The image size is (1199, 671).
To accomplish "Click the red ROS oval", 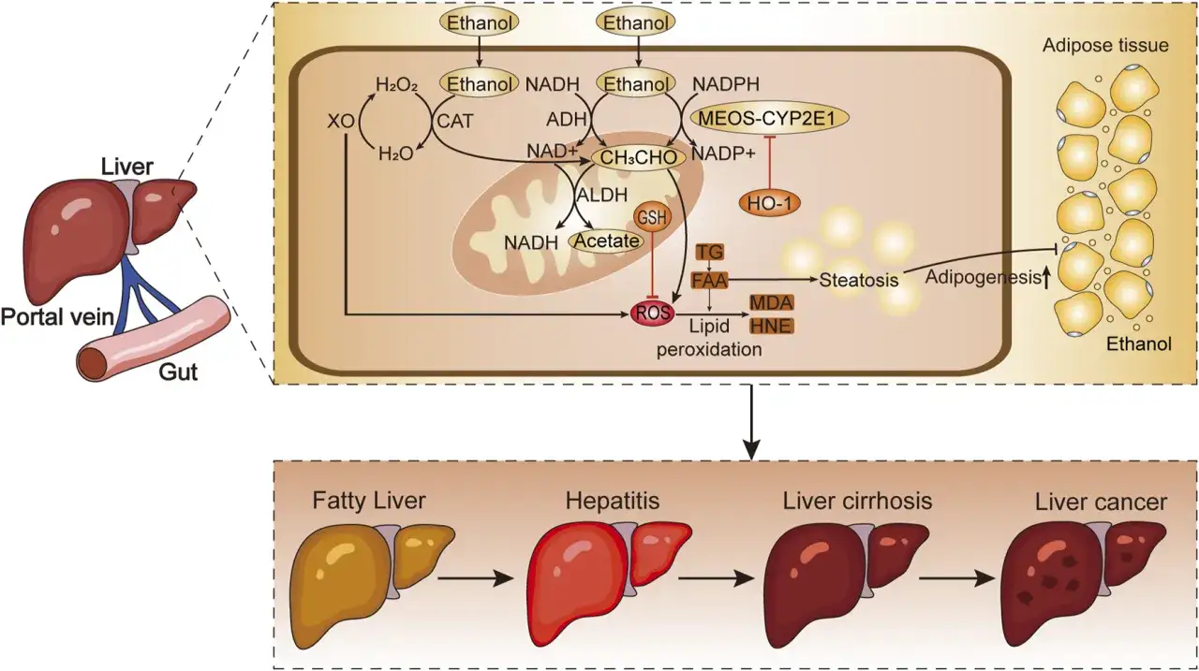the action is [653, 312].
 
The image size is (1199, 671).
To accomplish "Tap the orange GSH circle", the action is [652, 217].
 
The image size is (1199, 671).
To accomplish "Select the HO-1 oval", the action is [770, 203].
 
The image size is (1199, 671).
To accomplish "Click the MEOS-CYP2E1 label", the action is [770, 118].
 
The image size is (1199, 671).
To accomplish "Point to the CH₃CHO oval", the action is [638, 157].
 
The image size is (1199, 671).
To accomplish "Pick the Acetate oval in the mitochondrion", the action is [606, 241].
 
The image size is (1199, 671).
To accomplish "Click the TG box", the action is [710, 252].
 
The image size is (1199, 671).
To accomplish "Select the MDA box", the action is [771, 302].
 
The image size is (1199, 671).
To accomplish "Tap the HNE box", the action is [771, 326].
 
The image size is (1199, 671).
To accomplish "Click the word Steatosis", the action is [859, 280].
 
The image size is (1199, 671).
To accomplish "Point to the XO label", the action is [341, 122].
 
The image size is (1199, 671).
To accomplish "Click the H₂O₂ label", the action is [396, 84].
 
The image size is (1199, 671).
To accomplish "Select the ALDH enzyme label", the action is [601, 196].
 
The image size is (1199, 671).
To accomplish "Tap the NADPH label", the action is [726, 84].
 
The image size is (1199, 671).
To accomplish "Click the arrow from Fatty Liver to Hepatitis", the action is [475, 578].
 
